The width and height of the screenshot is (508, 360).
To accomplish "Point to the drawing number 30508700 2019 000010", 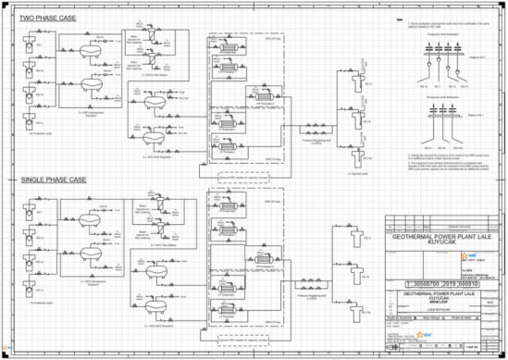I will [431, 285].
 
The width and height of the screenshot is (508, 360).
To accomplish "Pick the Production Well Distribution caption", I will [434, 41].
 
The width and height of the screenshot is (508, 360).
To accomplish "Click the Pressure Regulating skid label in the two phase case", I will [313, 143].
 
